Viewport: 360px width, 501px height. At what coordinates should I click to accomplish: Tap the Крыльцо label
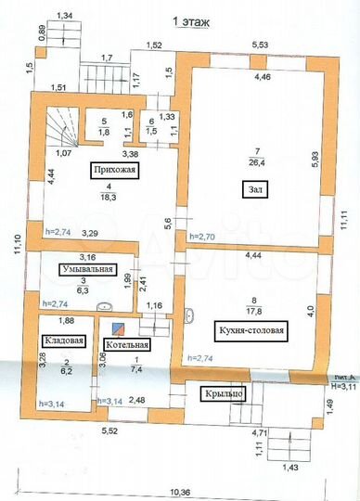pos(223,393)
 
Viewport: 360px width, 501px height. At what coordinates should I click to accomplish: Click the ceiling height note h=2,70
pos(201,238)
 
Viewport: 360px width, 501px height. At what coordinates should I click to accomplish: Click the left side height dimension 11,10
pos(17,244)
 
